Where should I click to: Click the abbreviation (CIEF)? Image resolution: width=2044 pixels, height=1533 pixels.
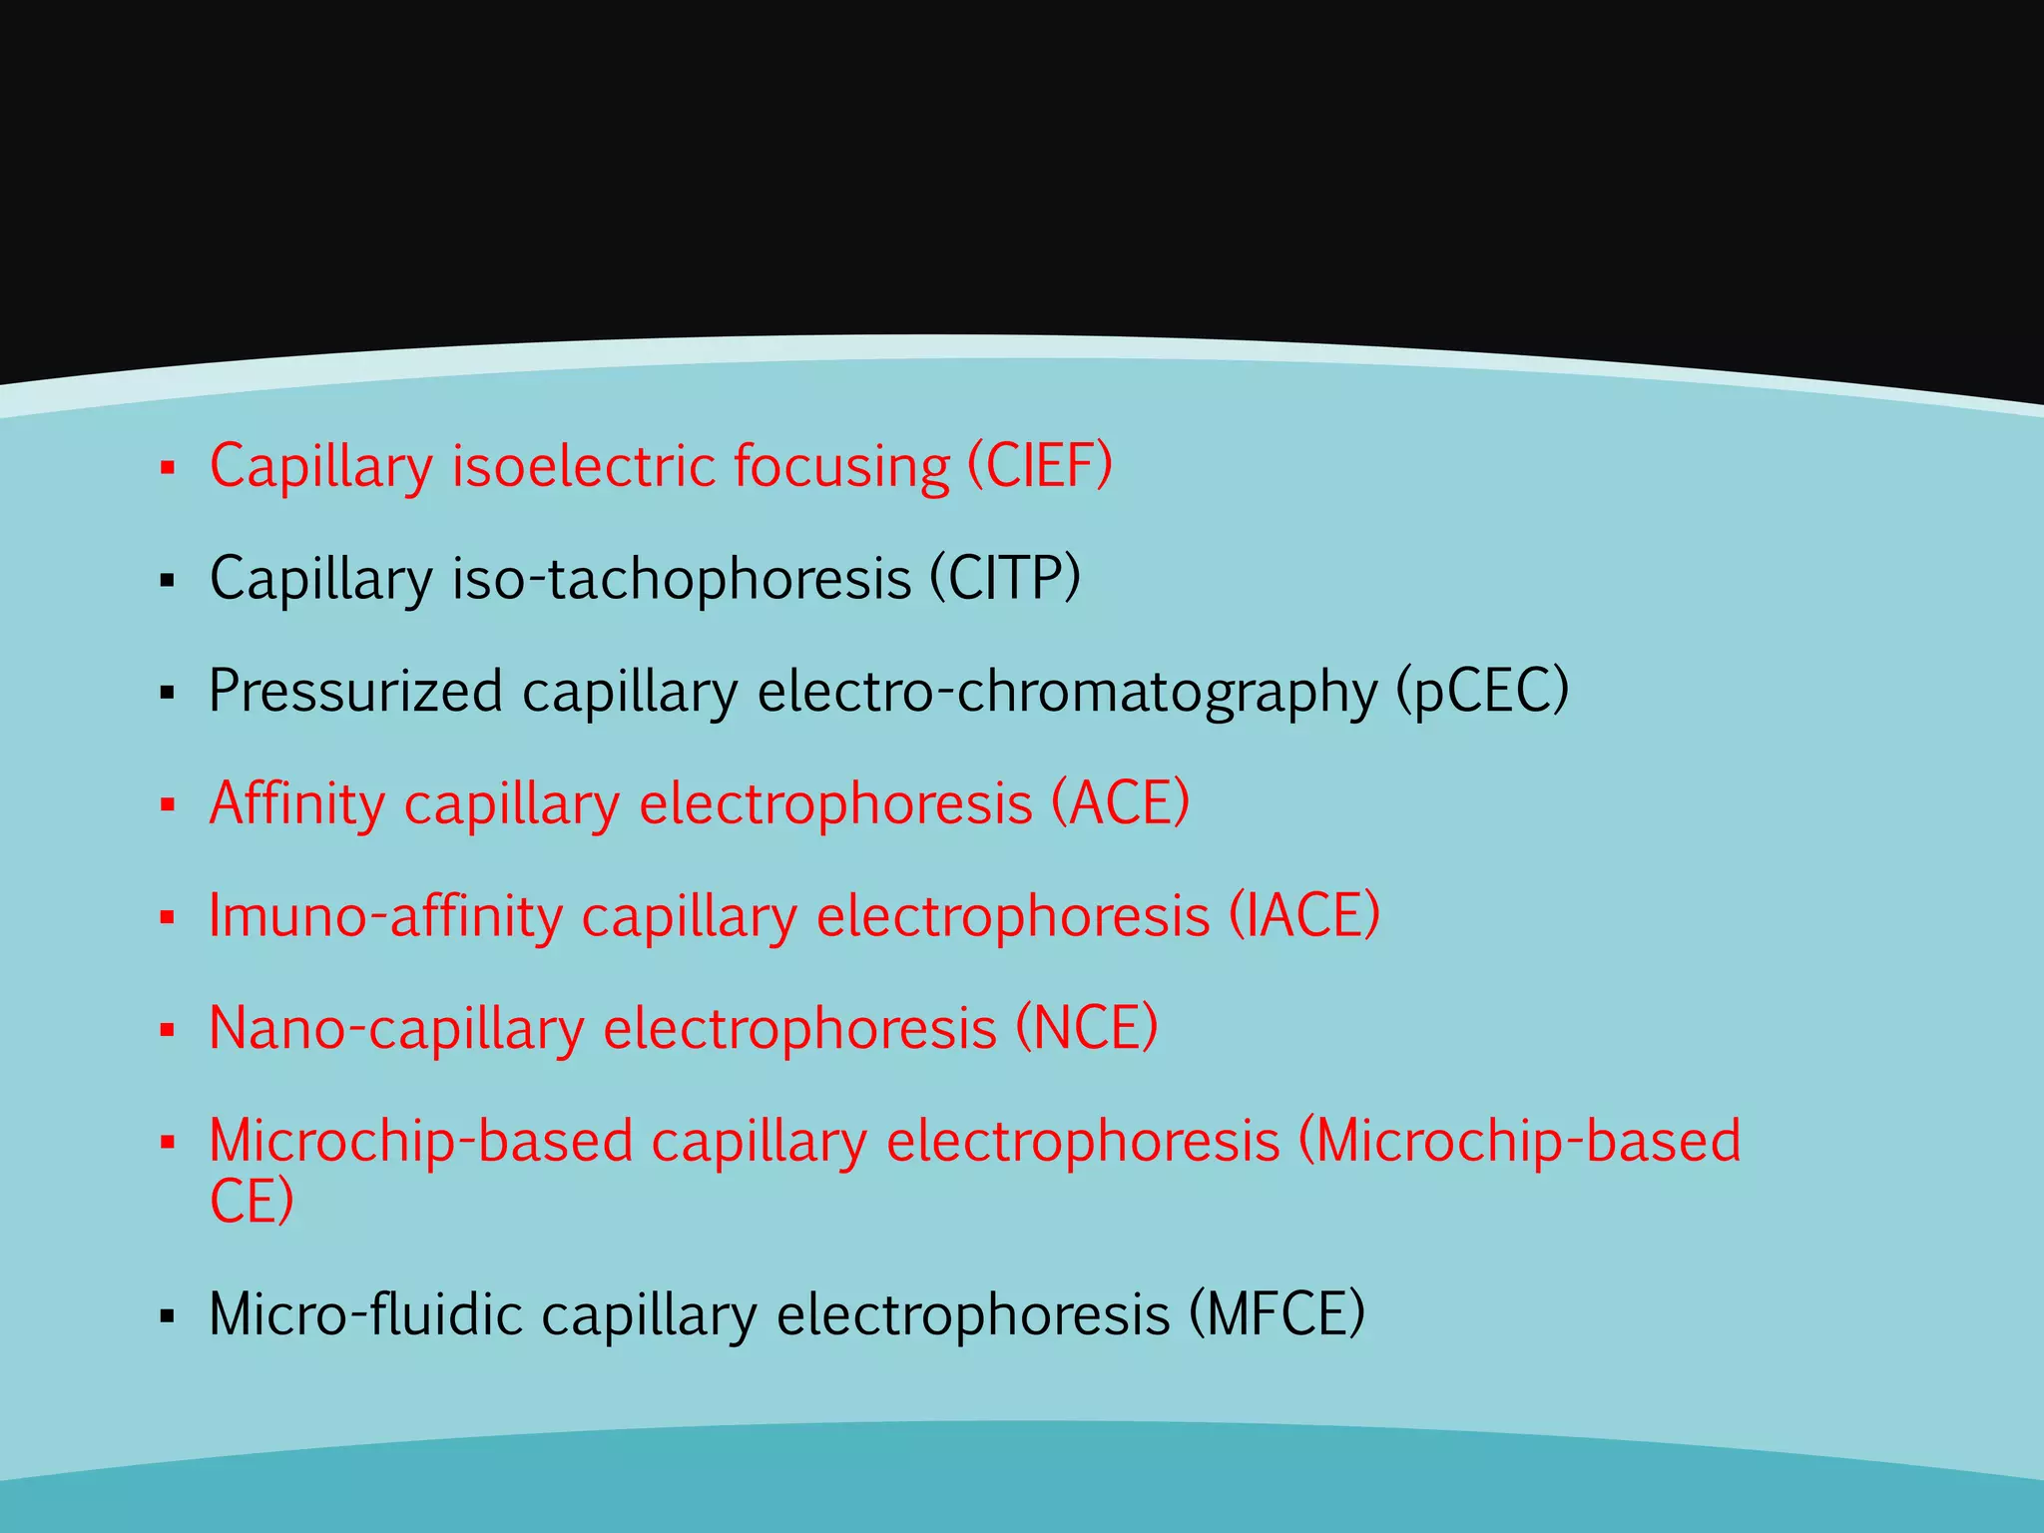click(1040, 466)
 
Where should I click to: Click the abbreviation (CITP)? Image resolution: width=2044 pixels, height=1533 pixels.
click(1005, 578)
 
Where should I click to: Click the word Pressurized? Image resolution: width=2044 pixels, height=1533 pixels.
click(355, 691)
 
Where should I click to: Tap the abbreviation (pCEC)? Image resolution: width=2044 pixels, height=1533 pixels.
click(1482, 691)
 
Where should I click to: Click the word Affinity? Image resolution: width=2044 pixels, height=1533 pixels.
click(296, 803)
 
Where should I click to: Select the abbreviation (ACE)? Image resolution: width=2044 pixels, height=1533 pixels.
click(1121, 802)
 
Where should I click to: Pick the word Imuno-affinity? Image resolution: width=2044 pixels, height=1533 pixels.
click(385, 915)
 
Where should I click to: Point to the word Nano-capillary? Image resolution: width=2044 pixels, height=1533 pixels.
click(396, 1029)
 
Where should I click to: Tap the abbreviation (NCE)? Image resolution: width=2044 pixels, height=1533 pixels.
click(1087, 1028)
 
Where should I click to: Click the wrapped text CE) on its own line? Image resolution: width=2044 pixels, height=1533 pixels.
click(252, 1201)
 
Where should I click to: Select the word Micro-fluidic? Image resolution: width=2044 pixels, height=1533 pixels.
click(365, 1314)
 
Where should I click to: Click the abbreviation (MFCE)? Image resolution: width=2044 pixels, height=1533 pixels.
click(1277, 1314)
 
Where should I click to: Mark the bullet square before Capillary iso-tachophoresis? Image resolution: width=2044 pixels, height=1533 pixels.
click(167, 580)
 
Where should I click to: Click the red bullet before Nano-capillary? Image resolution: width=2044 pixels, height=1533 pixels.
click(167, 1030)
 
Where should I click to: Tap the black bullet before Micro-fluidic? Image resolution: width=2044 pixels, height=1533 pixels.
click(167, 1316)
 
